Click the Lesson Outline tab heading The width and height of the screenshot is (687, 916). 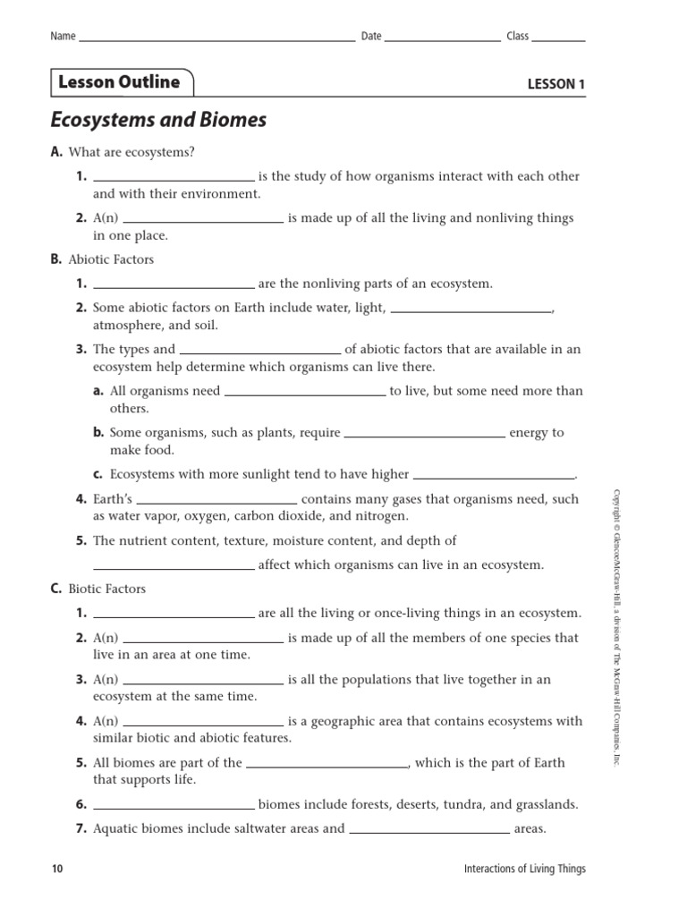click(119, 82)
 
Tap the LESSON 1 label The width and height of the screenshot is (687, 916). click(556, 85)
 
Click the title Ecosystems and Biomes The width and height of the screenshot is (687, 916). click(158, 120)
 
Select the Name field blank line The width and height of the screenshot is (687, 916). click(216, 40)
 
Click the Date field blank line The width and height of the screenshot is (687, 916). click(443, 40)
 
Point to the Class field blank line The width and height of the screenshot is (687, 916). click(559, 40)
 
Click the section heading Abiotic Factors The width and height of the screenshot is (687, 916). click(111, 259)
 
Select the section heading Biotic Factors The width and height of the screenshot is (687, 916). click(106, 589)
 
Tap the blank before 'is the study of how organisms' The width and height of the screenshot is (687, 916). click(174, 179)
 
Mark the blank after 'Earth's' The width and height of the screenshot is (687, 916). click(216, 502)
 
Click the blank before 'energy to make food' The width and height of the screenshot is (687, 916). click(424, 436)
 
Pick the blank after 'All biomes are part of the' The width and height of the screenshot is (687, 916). click(327, 766)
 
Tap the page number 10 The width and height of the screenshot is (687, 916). click(57, 869)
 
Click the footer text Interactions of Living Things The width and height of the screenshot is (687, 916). click(525, 869)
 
